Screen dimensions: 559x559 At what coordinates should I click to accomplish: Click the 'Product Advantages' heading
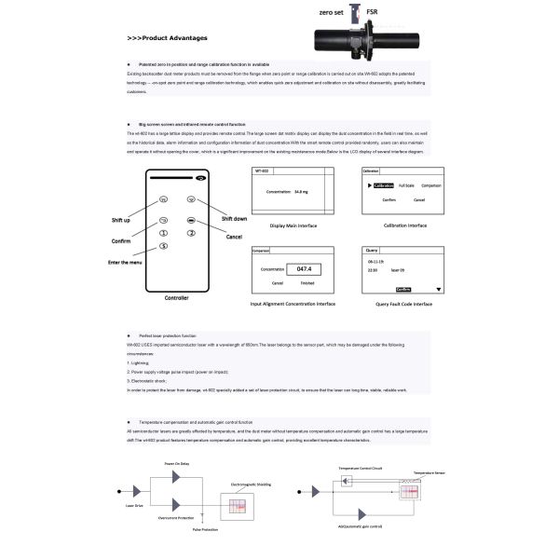pos(167,39)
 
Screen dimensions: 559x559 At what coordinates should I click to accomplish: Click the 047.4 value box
pos(302,269)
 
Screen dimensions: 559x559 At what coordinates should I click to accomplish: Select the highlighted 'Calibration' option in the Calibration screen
pos(383,186)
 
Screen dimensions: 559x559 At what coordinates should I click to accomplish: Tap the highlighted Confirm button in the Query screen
pos(403,290)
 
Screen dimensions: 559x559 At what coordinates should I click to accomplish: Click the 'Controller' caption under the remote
pos(176,298)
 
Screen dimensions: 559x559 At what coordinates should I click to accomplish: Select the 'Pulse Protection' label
pos(206,528)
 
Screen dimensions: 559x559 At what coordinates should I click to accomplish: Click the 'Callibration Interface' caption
pos(405,225)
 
